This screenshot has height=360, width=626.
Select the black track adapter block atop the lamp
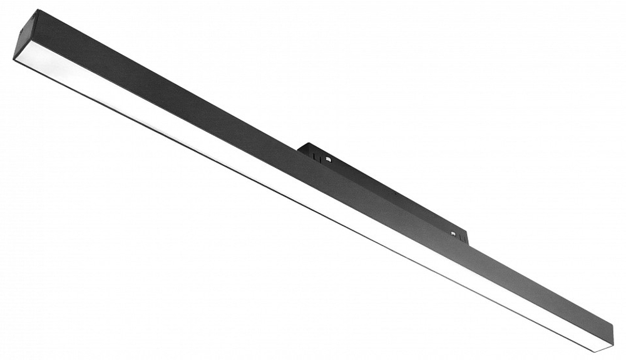[x=382, y=188]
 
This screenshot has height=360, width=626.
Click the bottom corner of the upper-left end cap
[x=14, y=57]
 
